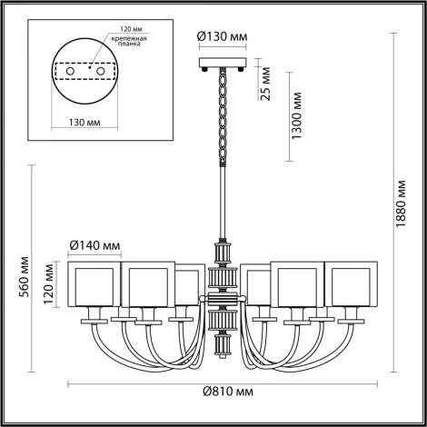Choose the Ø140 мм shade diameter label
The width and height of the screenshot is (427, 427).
(94, 244)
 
